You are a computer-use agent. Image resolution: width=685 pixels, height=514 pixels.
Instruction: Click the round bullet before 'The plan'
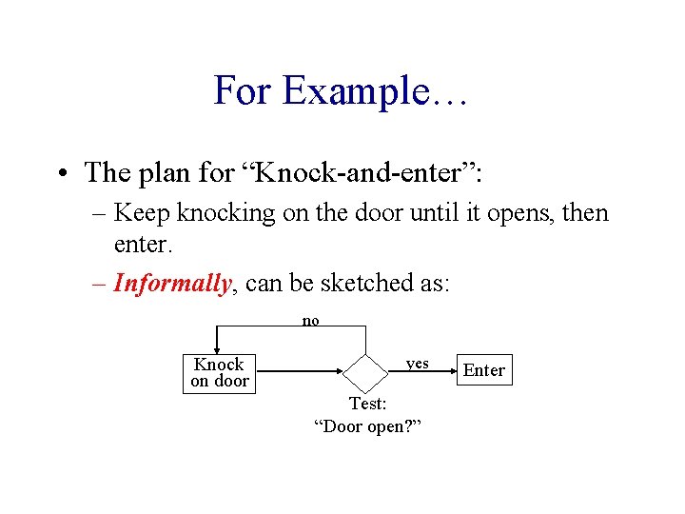click(x=61, y=173)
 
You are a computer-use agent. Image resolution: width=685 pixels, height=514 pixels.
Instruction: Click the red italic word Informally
click(x=172, y=283)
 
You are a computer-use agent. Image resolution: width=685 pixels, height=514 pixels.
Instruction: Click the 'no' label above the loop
click(x=310, y=321)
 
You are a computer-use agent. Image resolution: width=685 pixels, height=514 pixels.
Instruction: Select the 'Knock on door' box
click(x=219, y=372)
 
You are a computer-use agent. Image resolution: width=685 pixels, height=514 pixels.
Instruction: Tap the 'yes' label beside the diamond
click(x=417, y=364)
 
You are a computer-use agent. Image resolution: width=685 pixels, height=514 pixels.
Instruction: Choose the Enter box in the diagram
click(x=483, y=370)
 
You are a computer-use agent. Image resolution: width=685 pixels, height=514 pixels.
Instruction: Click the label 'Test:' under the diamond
click(x=367, y=404)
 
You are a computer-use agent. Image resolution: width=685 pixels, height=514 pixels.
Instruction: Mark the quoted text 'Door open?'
click(x=367, y=425)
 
